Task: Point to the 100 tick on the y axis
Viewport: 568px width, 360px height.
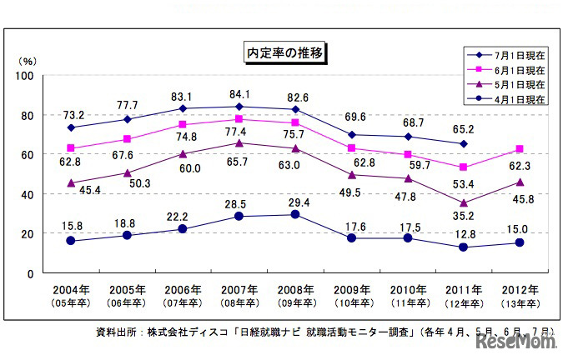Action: click(x=24, y=76)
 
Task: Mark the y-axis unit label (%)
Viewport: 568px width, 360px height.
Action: click(x=27, y=61)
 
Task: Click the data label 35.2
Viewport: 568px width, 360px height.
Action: click(x=453, y=216)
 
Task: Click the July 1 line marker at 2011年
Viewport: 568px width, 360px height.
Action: click(x=463, y=144)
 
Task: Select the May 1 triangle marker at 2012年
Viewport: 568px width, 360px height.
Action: click(x=519, y=182)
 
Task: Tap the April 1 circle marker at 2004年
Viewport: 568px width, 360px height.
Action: click(x=72, y=241)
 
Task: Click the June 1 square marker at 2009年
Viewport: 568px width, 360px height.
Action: click(x=351, y=148)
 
